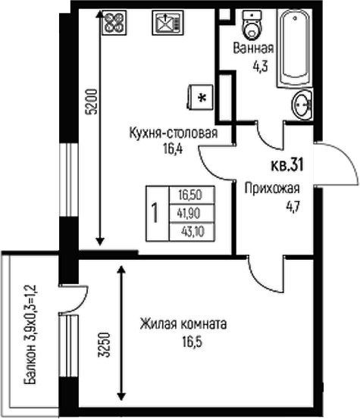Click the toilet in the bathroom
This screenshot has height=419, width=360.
tap(250, 27)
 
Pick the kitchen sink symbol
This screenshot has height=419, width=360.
tap(165, 24)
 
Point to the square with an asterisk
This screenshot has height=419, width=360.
tap(200, 97)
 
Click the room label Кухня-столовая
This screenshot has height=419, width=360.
tap(173, 135)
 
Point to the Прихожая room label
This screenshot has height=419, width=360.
tap(271, 189)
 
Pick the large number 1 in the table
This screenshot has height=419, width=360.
tap(155, 213)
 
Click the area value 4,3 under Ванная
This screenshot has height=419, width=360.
tap(260, 65)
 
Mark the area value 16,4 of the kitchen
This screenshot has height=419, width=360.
tap(173, 149)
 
